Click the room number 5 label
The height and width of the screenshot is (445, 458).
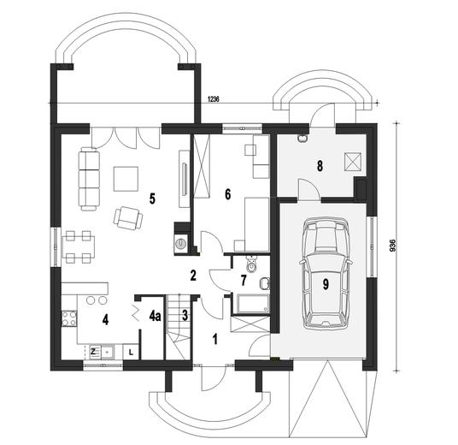point(151,199)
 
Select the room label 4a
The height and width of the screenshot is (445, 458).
point(155,316)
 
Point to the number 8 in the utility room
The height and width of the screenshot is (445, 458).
point(320,166)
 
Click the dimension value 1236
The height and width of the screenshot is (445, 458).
point(213,100)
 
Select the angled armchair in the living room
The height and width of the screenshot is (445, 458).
point(129,219)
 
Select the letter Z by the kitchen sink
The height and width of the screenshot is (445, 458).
point(92,350)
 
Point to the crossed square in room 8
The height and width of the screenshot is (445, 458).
point(350,160)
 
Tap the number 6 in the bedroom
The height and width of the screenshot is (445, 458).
point(228,193)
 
